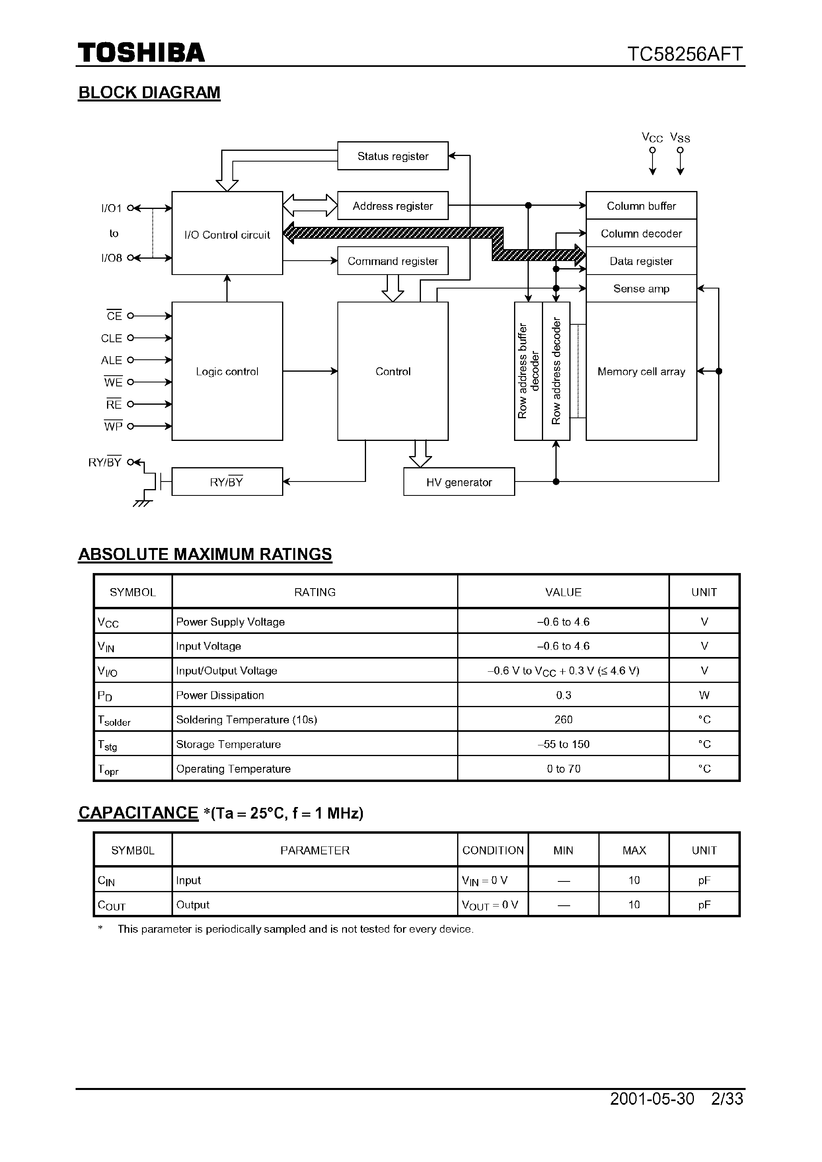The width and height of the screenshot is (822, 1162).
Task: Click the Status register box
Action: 392,156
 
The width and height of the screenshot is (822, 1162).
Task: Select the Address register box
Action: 392,205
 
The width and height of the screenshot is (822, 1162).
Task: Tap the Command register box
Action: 392,261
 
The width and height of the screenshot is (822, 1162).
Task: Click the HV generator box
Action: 459,482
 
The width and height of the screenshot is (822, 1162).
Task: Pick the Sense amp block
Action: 641,289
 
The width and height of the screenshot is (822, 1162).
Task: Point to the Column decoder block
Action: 641,233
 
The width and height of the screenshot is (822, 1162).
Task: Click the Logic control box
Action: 227,371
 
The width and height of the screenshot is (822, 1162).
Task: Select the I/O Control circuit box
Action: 227,234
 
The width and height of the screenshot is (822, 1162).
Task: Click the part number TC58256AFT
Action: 685,54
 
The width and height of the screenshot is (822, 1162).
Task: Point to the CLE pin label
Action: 111,338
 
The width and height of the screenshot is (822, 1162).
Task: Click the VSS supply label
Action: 680,138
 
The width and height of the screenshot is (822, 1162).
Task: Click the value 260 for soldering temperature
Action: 563,719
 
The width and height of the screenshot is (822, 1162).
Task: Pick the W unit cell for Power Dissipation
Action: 704,695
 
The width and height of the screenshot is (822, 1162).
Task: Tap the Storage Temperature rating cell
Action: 228,744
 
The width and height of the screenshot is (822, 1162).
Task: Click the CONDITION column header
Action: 493,850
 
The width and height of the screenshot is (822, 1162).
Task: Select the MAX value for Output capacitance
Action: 634,905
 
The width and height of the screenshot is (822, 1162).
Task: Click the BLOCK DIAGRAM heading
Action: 149,93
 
